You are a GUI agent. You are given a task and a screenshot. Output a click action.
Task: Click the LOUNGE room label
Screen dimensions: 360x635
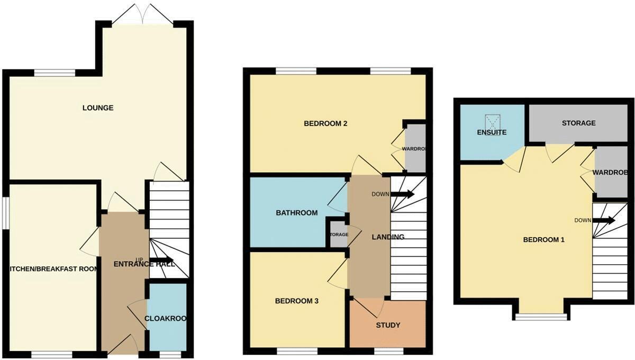pyautogui.click(x=98, y=108)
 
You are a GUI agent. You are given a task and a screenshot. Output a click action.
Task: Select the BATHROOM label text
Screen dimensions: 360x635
pyautogui.click(x=296, y=213)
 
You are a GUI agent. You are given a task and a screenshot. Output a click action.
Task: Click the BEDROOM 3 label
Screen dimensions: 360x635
pyautogui.click(x=296, y=301)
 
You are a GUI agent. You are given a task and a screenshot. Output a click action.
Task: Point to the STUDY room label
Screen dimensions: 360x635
pyautogui.click(x=388, y=325)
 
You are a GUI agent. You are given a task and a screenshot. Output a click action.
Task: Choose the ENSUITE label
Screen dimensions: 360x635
pyautogui.click(x=492, y=132)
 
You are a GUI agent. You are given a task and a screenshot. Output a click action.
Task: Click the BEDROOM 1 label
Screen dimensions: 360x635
pyautogui.click(x=543, y=240)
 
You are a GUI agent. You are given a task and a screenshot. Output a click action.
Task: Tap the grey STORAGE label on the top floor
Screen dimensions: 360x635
pyautogui.click(x=578, y=123)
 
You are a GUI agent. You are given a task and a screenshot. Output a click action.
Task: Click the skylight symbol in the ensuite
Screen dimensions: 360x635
pyautogui.click(x=493, y=122)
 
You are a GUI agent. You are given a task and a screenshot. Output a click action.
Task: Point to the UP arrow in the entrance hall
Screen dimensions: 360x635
pyautogui.click(x=162, y=260)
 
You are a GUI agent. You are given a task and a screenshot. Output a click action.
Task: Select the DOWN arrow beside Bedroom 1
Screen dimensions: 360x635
pyautogui.click(x=604, y=220)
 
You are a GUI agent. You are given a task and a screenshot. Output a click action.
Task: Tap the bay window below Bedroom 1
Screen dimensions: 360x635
pyautogui.click(x=541, y=317)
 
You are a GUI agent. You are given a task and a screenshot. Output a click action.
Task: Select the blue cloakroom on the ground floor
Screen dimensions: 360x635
pyautogui.click(x=166, y=318)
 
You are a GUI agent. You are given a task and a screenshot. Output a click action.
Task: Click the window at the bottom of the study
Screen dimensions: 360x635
pyautogui.click(x=388, y=351)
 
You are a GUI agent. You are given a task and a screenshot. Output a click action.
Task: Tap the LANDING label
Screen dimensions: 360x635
pyautogui.click(x=387, y=237)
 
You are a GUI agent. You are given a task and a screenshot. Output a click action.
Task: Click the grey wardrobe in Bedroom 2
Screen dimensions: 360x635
pyautogui.click(x=415, y=148)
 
